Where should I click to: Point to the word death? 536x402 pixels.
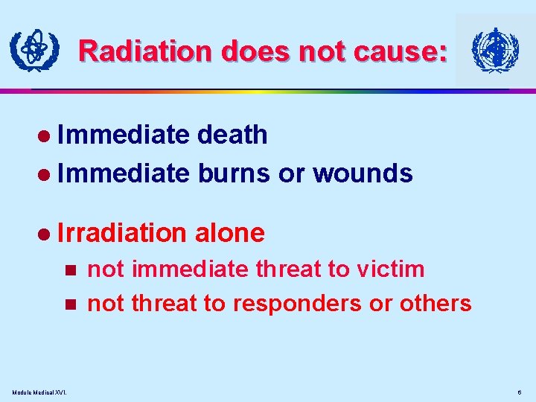(232, 135)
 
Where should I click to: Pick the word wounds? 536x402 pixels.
(363, 173)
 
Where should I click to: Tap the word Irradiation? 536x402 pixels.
(121, 233)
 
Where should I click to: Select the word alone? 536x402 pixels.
(229, 233)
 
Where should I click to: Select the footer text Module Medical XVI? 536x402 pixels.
(39, 392)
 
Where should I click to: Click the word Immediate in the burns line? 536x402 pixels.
(123, 173)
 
